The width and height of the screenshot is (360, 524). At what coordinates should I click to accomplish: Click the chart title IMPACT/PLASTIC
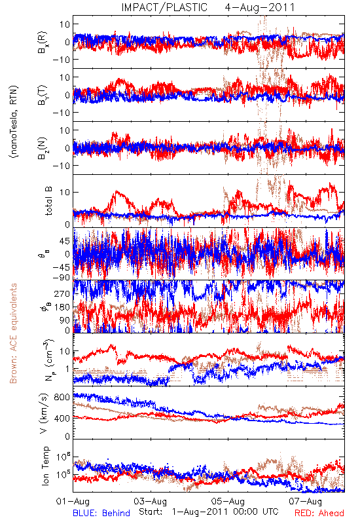point(164,7)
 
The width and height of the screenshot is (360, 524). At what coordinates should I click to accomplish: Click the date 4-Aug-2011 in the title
point(260,7)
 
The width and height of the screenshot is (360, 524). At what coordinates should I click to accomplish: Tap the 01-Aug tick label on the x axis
point(73,501)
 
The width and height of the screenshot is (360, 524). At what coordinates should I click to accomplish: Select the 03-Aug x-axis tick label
point(151,501)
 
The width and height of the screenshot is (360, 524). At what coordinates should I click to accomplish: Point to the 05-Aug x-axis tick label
point(228,501)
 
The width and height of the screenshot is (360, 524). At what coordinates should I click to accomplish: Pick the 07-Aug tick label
point(306,501)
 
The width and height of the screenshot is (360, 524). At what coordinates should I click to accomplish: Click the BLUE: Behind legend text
point(101,513)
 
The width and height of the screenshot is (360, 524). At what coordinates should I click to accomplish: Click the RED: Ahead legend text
point(319,513)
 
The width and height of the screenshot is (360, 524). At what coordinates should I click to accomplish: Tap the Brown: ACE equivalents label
point(13,333)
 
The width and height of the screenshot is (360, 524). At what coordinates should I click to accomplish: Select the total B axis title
point(48,201)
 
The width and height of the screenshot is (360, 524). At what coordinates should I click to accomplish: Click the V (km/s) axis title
point(44,413)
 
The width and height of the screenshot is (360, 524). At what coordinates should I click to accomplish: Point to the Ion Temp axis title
point(45,466)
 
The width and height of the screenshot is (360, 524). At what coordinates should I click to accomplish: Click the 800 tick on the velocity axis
point(62,398)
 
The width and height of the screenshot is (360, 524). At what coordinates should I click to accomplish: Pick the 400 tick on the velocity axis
point(62,418)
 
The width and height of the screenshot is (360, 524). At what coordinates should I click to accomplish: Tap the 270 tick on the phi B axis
point(62,294)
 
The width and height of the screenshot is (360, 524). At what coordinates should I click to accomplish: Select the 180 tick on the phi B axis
point(62,307)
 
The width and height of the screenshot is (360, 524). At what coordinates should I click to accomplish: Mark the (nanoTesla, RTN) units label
point(14,122)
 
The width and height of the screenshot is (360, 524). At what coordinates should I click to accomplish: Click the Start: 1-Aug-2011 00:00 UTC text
point(208,512)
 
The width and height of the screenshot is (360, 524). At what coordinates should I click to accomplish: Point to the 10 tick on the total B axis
point(65,193)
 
